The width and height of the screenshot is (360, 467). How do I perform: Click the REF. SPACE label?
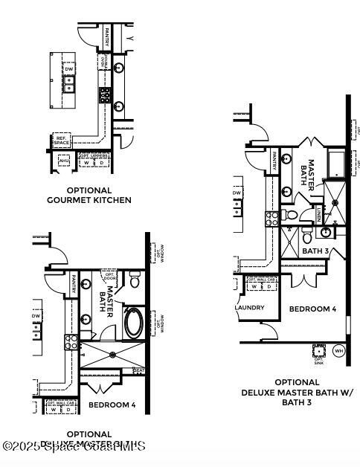[x=61, y=141]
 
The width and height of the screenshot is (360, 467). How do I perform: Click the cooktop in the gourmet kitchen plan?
[x=106, y=94]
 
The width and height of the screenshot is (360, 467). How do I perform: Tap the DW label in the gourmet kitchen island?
[x=69, y=70]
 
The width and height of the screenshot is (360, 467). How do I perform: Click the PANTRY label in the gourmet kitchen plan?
[x=108, y=36]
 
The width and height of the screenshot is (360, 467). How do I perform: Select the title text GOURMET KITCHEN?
[x=89, y=200]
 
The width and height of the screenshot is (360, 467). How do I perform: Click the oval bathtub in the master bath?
[x=134, y=322]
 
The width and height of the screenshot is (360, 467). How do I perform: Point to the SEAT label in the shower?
[x=138, y=370]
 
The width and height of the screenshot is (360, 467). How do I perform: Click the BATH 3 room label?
[x=316, y=251]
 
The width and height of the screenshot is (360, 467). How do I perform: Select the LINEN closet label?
[x=319, y=215]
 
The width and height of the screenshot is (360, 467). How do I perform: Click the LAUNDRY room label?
[x=249, y=307]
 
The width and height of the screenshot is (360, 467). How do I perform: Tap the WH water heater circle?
[x=338, y=350]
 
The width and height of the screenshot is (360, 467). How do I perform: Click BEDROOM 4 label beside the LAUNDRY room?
[x=313, y=309]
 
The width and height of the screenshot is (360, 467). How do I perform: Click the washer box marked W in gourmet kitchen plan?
[x=86, y=162]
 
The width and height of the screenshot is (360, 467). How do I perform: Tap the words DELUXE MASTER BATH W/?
[x=298, y=393]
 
